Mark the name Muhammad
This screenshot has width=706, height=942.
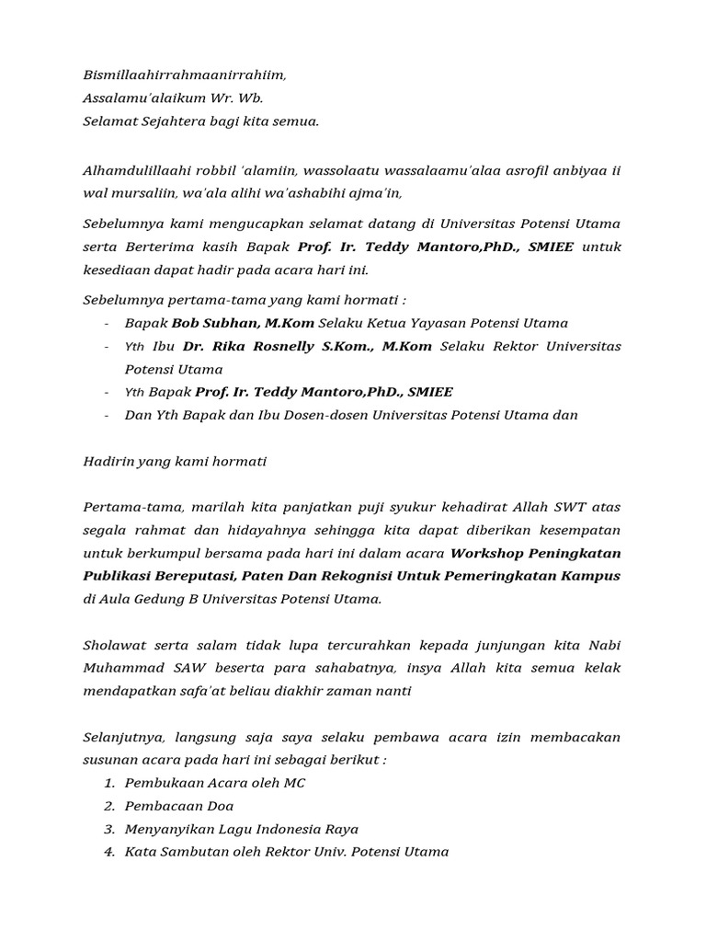click(x=123, y=668)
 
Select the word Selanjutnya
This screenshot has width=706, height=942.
click(x=123, y=737)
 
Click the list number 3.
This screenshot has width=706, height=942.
click(x=108, y=829)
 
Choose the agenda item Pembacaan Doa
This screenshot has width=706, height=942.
click(x=179, y=806)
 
